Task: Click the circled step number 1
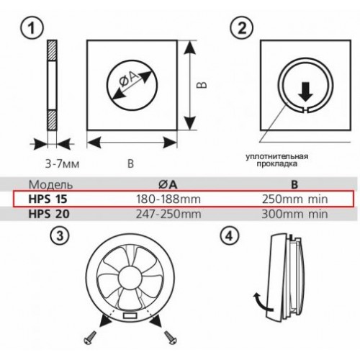coord(32,28)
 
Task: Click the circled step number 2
coord(242,28)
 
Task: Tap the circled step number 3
coord(60,235)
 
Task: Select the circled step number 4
coord(230,235)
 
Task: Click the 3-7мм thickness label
coord(63,164)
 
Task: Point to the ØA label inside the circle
coord(130,79)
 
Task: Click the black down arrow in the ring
coord(305,91)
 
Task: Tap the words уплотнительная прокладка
coord(276,160)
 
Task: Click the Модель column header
coord(50,184)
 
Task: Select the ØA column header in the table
coord(168,184)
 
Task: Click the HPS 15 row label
coord(48,199)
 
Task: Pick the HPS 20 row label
coord(49,214)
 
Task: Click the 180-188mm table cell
coord(168,199)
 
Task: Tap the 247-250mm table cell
coord(168,214)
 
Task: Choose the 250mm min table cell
coord(294,199)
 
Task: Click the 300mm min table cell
coord(294,214)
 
